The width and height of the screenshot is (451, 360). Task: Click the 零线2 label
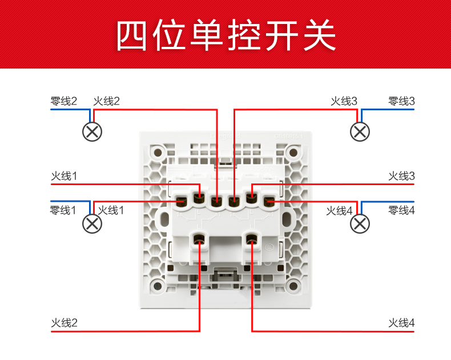63,101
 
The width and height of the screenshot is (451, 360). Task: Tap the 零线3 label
401,101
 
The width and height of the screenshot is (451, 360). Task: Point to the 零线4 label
401,210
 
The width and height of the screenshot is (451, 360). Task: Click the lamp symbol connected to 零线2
92,131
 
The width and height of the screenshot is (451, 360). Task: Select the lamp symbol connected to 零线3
359,131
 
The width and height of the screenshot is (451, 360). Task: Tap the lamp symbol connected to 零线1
92,223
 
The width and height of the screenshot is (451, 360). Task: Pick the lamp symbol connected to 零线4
359,223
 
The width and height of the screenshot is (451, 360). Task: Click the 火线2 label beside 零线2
107,101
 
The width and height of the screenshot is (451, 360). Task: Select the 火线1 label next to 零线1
111,210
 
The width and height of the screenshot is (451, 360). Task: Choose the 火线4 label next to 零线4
340,210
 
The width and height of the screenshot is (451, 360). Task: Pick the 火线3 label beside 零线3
344,101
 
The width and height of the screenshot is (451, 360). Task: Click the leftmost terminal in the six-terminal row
181,201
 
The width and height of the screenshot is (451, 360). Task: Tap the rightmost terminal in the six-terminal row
268,201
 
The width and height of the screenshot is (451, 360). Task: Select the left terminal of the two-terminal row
199,240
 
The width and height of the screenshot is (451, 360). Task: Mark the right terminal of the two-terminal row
251,240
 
